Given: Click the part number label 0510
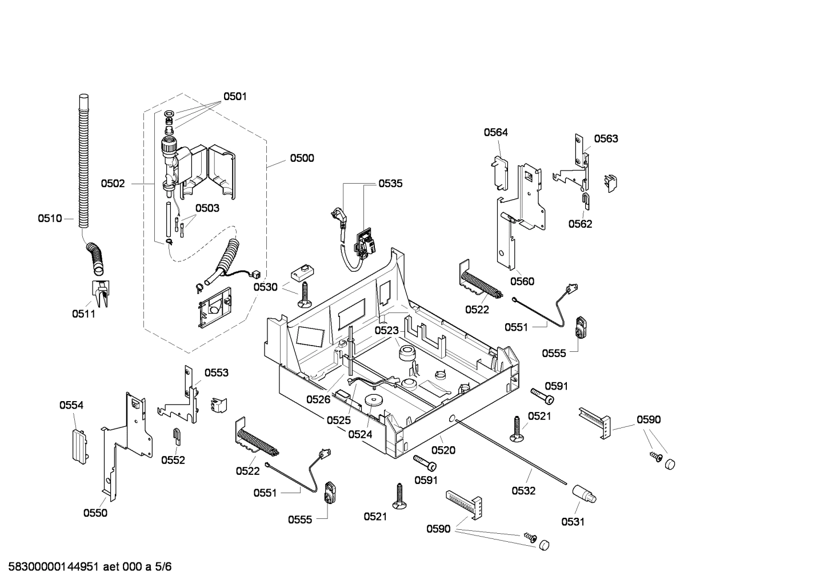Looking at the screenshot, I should point(50,218).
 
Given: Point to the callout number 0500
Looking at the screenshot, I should point(302,158).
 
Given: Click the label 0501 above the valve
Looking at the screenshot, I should point(235,97).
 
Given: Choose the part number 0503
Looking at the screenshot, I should point(207,208).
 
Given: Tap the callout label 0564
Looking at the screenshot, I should point(495,132).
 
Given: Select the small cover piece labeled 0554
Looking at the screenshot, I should point(79,443).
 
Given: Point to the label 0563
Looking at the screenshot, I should point(606,138).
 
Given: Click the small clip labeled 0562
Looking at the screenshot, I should point(586,200).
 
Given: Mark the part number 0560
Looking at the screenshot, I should point(522,281).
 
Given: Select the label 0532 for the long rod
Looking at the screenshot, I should point(523,490).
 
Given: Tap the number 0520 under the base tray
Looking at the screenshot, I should point(443,450).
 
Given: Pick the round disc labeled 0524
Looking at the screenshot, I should point(374,402).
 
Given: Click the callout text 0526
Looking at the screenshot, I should point(318,399).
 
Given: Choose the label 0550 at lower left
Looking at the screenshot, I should point(95,513).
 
